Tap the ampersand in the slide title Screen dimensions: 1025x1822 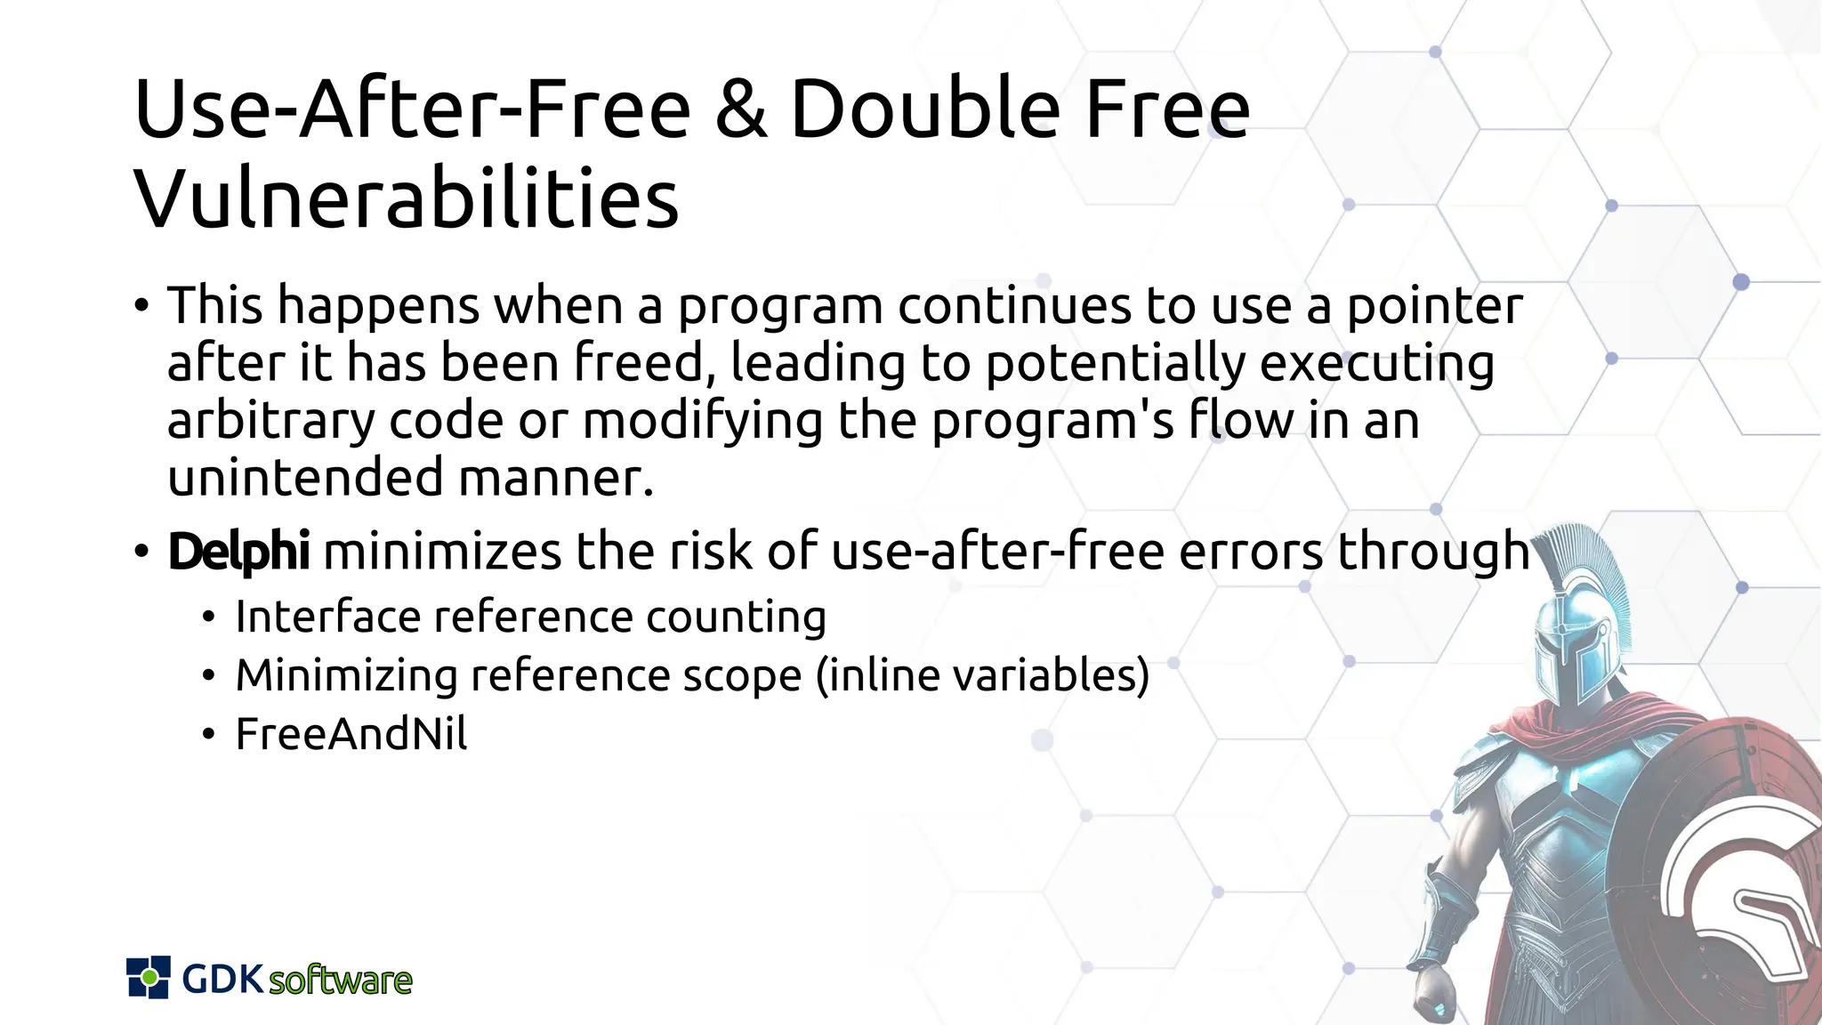click(740, 110)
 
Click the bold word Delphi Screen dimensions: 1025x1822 click(238, 551)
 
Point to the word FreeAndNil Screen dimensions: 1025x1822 click(351, 734)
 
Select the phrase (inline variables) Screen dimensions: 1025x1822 click(982, 675)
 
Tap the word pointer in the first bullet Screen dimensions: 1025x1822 click(1434, 307)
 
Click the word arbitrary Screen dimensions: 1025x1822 click(271, 422)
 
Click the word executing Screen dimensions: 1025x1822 click(1376, 365)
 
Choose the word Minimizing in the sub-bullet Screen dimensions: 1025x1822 click(346, 675)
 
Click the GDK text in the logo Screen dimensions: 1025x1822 click(222, 979)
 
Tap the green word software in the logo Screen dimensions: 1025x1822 click(340, 981)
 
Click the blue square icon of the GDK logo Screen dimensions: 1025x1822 click(149, 977)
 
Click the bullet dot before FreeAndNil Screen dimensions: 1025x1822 click(208, 735)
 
